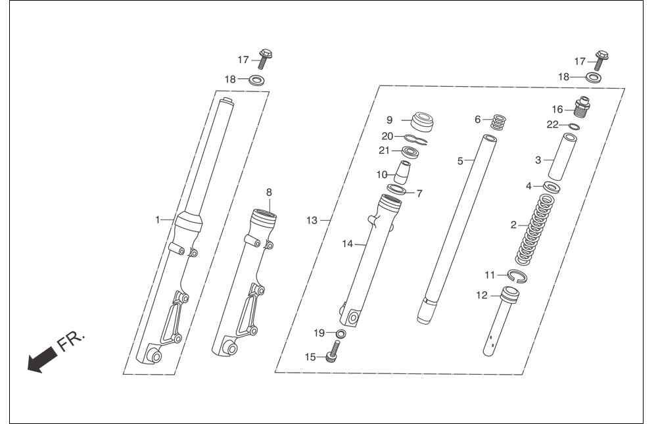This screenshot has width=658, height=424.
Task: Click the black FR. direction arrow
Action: click(x=41, y=360)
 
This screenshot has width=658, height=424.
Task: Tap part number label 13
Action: click(x=312, y=220)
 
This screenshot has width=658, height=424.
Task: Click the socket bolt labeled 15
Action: click(x=333, y=352)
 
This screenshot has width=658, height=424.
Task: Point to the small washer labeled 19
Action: click(x=341, y=334)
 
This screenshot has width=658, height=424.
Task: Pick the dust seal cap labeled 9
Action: click(x=422, y=122)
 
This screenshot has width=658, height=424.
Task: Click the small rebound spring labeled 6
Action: click(x=498, y=122)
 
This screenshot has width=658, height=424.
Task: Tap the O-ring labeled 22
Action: click(x=575, y=126)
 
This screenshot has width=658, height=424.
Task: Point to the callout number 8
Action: click(x=269, y=192)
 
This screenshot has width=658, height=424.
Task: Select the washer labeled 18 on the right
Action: click(x=593, y=78)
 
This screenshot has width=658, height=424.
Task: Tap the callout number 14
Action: click(x=348, y=244)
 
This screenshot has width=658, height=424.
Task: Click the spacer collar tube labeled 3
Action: click(x=562, y=156)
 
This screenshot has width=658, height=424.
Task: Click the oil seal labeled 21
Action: click(x=411, y=152)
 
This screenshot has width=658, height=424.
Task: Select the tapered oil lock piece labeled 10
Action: click(x=402, y=172)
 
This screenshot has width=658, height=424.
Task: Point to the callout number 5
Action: click(x=460, y=161)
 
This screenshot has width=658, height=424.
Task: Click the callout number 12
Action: click(x=482, y=296)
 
